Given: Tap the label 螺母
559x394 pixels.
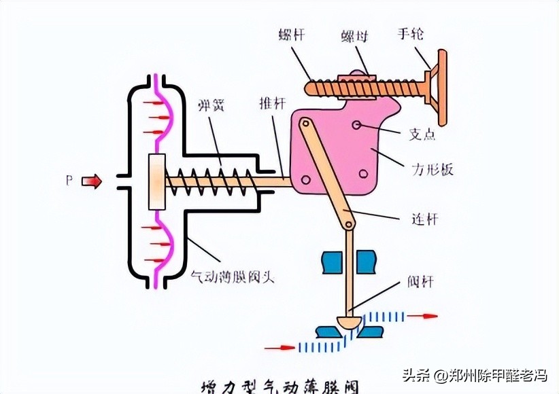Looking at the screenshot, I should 355,33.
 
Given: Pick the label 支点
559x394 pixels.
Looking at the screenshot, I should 422,135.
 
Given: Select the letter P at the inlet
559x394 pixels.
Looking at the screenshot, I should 69,181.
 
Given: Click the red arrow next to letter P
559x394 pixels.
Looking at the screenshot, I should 92,181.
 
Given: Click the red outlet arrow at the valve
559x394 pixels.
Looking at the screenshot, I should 422,315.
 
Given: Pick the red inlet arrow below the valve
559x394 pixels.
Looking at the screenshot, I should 279,348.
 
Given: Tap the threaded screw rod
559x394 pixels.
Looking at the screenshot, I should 354,87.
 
